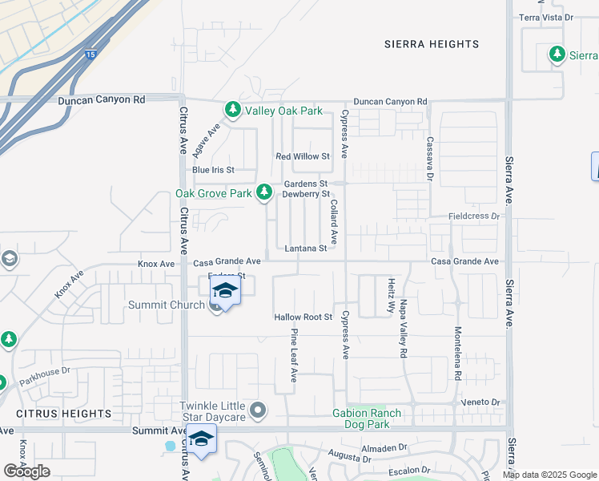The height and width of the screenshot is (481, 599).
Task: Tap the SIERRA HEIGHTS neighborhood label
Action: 431,44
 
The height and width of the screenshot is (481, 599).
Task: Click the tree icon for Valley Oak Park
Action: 233,109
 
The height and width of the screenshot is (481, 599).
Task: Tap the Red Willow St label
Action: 302,156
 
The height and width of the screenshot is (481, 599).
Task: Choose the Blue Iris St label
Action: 212,170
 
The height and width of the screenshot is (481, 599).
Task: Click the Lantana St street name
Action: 305,249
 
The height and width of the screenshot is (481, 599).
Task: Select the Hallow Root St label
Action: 303,317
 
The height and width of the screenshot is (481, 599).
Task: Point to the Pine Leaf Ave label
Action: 294,355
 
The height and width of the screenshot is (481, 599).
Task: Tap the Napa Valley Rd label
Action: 403,329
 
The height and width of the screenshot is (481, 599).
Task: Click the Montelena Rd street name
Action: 458,354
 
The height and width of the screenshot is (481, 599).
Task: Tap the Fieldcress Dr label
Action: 473,216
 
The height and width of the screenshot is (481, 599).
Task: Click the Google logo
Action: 26,471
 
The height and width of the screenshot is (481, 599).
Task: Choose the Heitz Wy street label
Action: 391,293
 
